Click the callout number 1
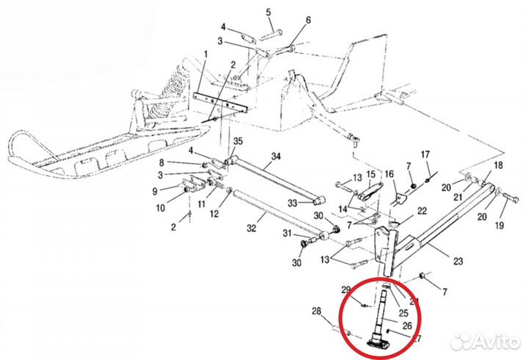click(206, 54)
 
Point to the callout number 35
click(237, 140)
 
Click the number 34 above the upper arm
click(276, 156)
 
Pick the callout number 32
click(251, 228)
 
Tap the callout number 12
click(215, 214)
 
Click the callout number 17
click(424, 154)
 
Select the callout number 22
click(421, 211)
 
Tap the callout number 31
click(287, 234)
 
